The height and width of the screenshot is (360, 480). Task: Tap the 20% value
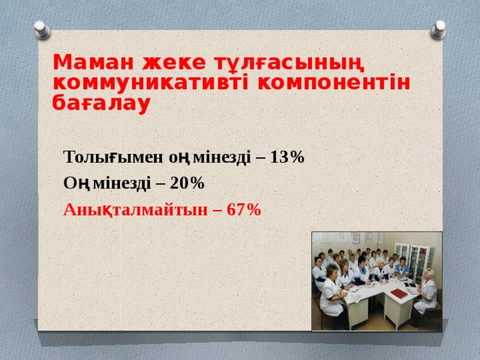(x=187, y=183)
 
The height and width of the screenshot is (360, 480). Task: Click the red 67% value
(x=244, y=209)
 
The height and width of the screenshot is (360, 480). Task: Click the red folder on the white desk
(x=400, y=295)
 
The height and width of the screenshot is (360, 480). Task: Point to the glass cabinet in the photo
(x=409, y=259)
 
